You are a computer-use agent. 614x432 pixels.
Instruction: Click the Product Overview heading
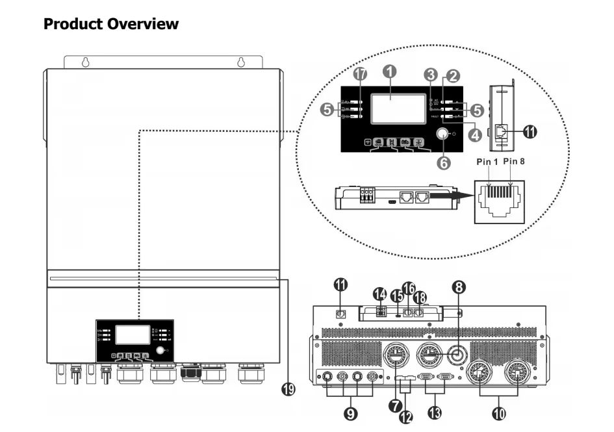point(110,25)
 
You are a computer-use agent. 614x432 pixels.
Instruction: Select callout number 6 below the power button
point(444,163)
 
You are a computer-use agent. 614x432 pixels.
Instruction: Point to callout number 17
point(358,75)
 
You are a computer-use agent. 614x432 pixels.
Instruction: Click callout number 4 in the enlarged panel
point(476,136)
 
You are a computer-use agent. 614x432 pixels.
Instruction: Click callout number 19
point(288,389)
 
